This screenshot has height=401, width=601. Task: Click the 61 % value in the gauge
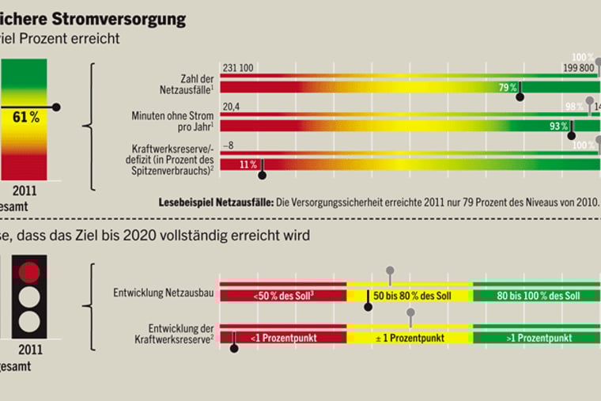point(26,117)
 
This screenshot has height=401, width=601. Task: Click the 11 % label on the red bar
point(248,165)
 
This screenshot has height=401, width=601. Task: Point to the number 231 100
point(238,69)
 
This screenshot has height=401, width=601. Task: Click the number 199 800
point(579,69)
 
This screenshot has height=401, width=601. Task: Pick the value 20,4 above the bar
point(232,108)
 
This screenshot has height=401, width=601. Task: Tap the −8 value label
point(229,146)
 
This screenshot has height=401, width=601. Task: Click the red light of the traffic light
point(29,272)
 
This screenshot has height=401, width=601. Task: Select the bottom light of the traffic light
point(29,321)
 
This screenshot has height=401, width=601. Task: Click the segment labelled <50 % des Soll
point(282,296)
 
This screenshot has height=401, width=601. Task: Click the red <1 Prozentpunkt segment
point(282,338)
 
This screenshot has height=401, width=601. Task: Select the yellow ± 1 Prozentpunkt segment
point(410,338)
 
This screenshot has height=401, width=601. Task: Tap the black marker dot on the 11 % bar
point(263,176)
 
